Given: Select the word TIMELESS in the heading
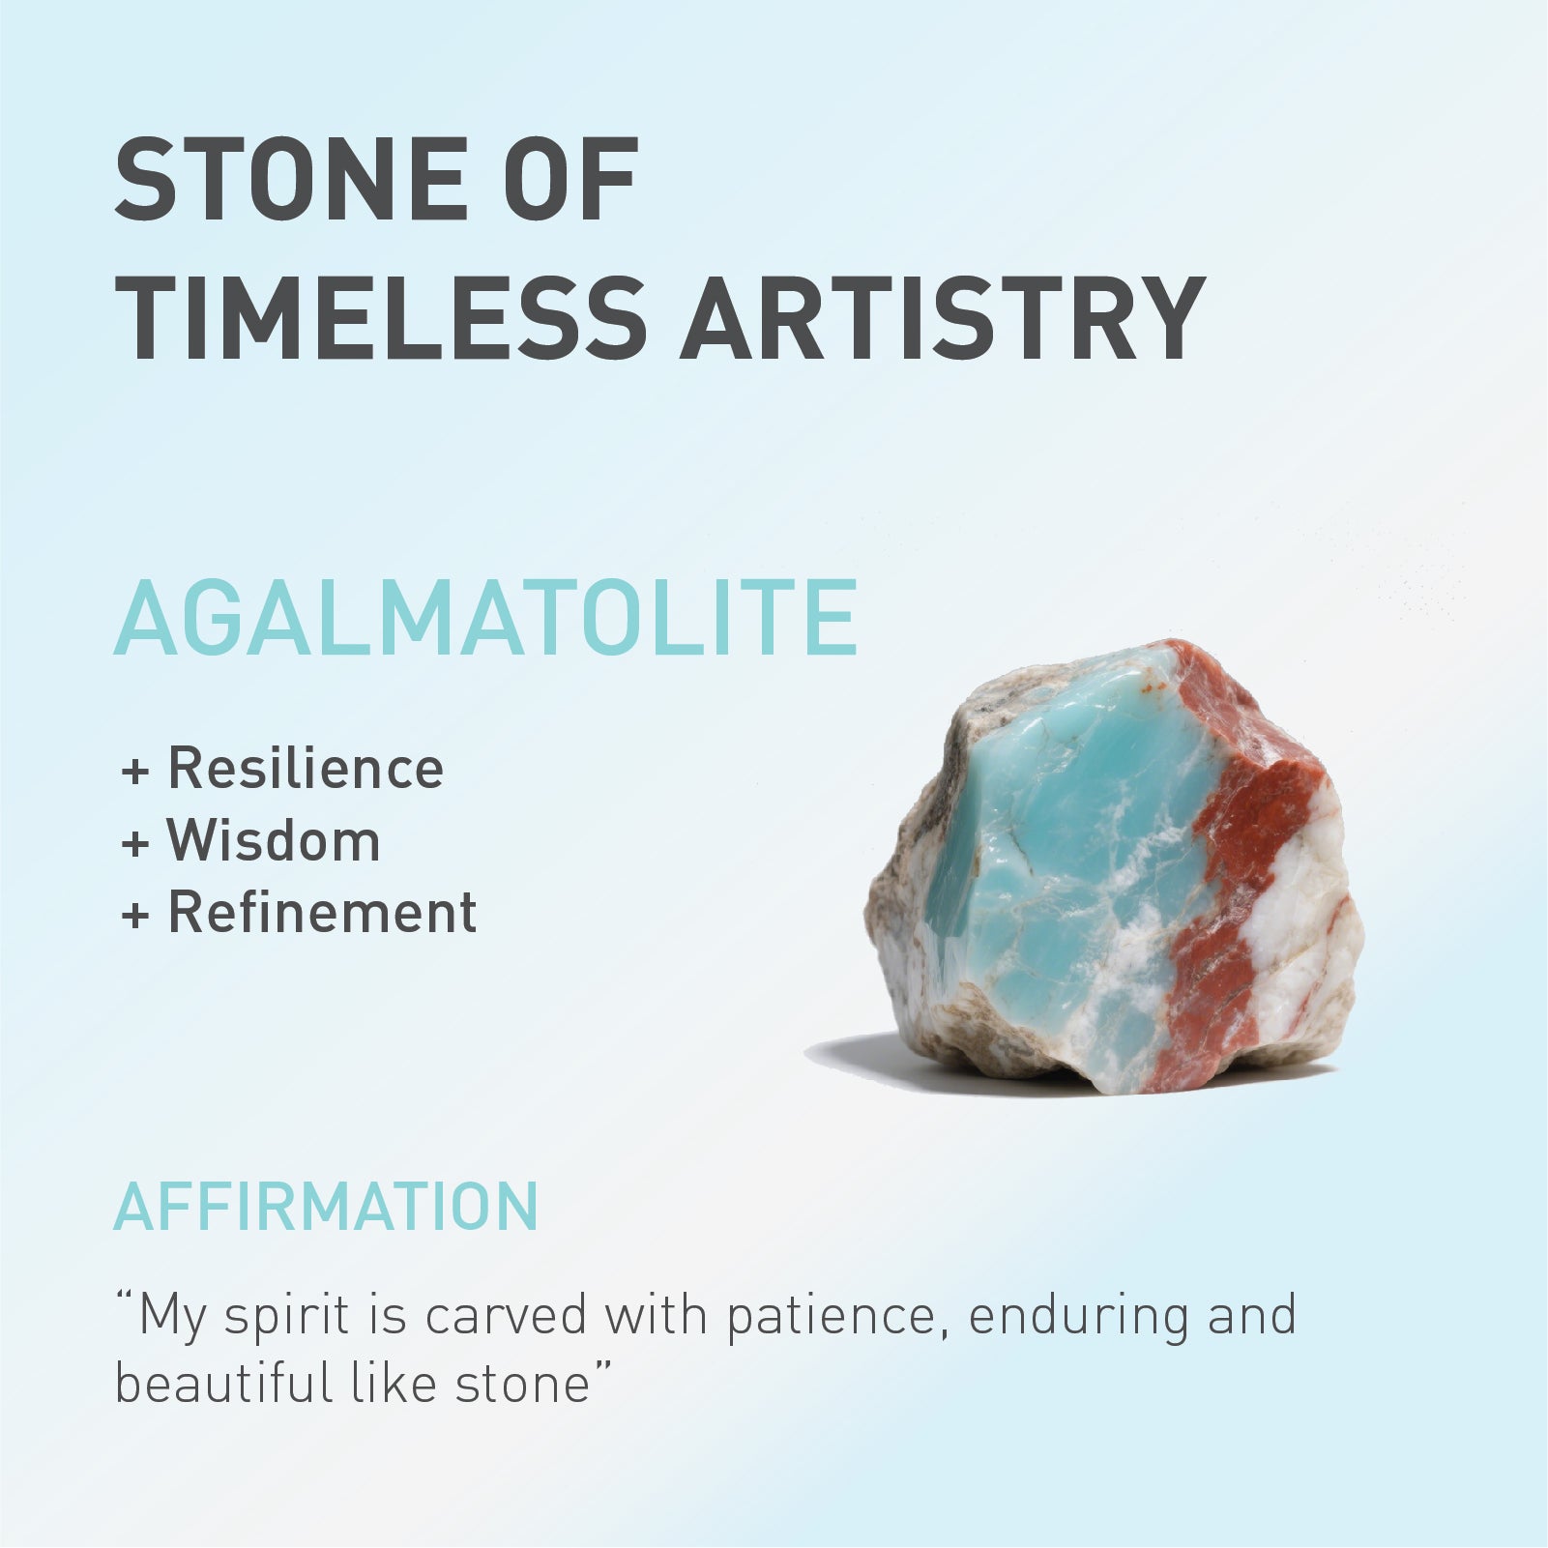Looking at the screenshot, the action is click(x=380, y=318).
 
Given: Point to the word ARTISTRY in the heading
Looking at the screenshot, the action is click(x=943, y=318).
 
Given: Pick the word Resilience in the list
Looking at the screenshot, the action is click(x=306, y=768).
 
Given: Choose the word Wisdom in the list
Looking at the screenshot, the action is click(x=274, y=839).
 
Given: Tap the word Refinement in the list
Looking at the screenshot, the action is click(x=322, y=911).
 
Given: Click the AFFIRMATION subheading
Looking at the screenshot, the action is click(x=326, y=1206).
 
